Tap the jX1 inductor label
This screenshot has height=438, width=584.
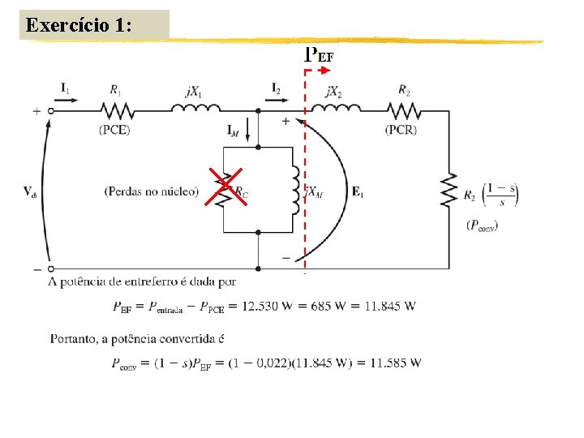click(x=193, y=92)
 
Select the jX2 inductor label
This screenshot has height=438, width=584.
click(x=333, y=92)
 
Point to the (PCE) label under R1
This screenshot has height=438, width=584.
click(x=114, y=129)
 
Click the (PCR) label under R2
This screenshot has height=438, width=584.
click(x=403, y=129)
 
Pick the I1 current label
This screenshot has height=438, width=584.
click(x=65, y=87)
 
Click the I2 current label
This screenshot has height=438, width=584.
click(x=277, y=87)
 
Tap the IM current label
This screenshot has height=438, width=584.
click(x=233, y=130)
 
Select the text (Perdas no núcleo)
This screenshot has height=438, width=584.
click(x=151, y=191)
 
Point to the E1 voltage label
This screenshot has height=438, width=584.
click(x=358, y=191)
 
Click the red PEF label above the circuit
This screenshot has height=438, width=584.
click(x=319, y=55)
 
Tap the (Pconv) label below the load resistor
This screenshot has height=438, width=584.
click(x=483, y=225)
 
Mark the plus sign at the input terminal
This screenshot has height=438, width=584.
click(x=36, y=111)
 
